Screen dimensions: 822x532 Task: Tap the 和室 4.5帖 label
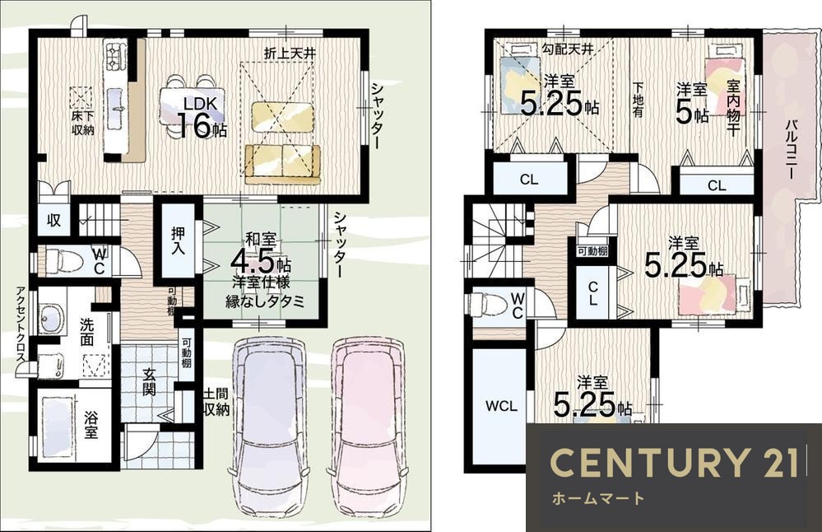261,254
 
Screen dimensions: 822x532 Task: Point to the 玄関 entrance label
149,382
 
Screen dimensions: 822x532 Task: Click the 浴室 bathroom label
91,425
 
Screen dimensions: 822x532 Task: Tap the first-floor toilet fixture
63,260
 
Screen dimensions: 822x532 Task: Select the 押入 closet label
179,240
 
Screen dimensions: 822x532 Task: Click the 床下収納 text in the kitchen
83,124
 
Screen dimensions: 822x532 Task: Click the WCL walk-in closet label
500,405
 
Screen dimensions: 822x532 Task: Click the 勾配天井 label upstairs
568,49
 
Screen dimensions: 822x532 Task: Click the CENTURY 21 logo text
674,462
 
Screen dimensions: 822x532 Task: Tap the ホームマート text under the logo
597,498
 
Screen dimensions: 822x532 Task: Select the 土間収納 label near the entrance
216,401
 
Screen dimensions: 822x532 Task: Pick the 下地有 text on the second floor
638,100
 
